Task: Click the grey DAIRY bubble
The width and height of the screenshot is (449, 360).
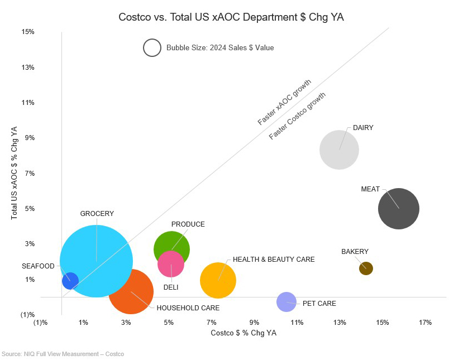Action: (339, 150)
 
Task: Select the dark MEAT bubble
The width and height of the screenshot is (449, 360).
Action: (399, 209)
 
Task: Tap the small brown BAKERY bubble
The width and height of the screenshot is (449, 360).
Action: (366, 268)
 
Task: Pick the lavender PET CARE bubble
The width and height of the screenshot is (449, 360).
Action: (286, 302)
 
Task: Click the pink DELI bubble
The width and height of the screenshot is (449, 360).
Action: (171, 264)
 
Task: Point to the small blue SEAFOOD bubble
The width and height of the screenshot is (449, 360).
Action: (70, 280)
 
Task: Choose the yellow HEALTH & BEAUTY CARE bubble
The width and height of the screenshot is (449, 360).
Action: (218, 280)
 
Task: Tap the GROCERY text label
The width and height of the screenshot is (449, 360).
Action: (97, 214)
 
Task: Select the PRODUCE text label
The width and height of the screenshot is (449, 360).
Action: (188, 224)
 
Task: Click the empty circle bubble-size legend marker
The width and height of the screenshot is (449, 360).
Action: (152, 48)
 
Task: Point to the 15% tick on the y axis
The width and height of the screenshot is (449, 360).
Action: (28, 32)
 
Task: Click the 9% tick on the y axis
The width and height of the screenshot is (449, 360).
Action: (28, 138)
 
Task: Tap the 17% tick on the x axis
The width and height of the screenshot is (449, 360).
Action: (425, 323)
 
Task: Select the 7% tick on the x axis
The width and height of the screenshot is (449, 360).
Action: (212, 323)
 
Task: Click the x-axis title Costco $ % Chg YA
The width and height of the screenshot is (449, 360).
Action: (243, 333)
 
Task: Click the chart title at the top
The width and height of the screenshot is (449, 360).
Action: (231, 17)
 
